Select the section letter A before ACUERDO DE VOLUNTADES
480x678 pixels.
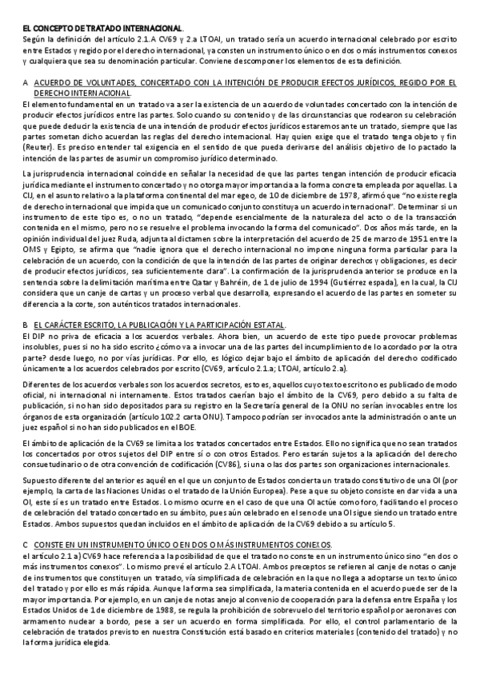point(27,82)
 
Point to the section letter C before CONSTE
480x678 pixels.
point(27,544)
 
